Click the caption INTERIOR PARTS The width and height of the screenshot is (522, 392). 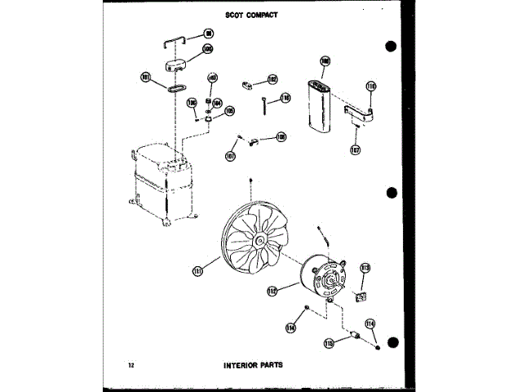[253, 364]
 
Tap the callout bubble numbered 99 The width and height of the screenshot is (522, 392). [207, 34]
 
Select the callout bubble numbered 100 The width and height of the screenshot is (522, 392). [207, 49]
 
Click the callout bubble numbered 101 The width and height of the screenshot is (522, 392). [147, 78]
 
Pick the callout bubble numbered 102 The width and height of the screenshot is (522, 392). [272, 79]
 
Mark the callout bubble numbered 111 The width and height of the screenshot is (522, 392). [197, 270]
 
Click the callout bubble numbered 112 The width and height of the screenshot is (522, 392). [272, 290]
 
